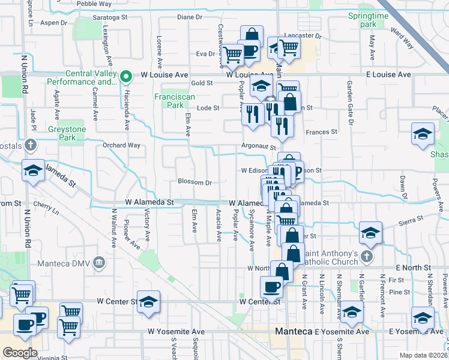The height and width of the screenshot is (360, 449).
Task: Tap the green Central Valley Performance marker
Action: (x=125, y=76)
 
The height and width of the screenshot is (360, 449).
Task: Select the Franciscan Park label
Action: (x=169, y=101)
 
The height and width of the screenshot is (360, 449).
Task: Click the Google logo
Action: (x=20, y=353)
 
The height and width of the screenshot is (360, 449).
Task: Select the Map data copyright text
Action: (x=424, y=355)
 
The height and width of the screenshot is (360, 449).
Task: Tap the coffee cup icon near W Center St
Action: (x=271, y=287)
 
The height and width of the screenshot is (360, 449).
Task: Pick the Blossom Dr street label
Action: (x=194, y=182)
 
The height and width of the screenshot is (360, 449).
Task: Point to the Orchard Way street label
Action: (x=121, y=145)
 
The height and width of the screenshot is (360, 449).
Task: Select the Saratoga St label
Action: (x=111, y=18)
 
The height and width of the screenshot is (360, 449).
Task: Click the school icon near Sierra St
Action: (x=371, y=233)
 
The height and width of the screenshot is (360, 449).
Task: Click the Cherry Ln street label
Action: (x=46, y=211)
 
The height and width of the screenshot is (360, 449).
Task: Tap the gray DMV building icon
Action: (x=100, y=262)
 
